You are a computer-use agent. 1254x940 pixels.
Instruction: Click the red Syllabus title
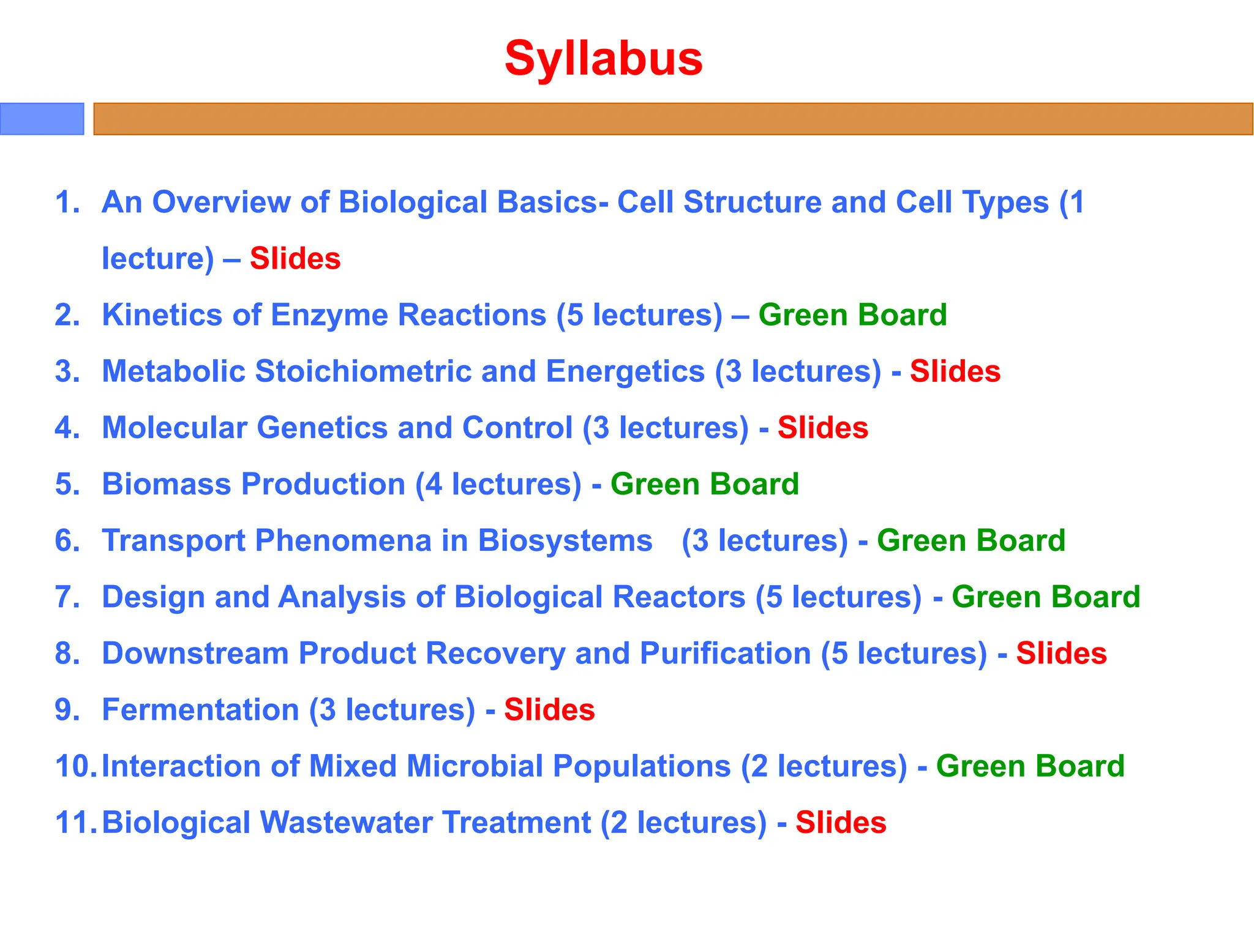pyautogui.click(x=603, y=58)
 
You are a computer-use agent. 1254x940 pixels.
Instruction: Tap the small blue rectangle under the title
pyautogui.click(x=42, y=119)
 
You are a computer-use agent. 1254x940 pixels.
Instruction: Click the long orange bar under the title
pyautogui.click(x=672, y=119)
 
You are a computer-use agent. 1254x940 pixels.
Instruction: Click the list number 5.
pyautogui.click(x=67, y=484)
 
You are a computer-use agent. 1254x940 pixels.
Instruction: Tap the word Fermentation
pyautogui.click(x=200, y=710)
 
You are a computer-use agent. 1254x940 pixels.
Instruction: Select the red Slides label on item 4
pyautogui.click(x=822, y=428)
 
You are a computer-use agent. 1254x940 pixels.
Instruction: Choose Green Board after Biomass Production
pyautogui.click(x=704, y=484)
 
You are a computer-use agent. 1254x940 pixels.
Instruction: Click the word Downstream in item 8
pyautogui.click(x=195, y=653)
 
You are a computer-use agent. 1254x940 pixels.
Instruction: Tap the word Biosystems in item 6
pyautogui.click(x=565, y=540)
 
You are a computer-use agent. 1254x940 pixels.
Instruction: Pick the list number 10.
pyautogui.click(x=74, y=766)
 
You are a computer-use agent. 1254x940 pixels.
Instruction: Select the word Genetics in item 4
pyautogui.click(x=321, y=428)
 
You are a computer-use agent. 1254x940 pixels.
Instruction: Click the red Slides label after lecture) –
pyautogui.click(x=295, y=258)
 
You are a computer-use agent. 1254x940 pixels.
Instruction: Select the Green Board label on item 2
pyautogui.click(x=852, y=315)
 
